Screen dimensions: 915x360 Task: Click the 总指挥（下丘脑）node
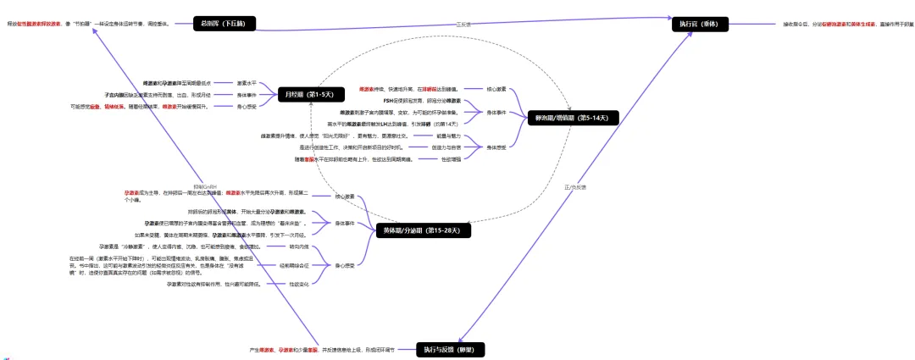(x=224, y=24)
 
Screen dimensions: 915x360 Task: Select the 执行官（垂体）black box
(x=698, y=24)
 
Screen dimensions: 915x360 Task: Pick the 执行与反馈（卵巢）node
(x=452, y=349)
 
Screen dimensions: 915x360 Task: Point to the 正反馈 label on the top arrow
(x=463, y=24)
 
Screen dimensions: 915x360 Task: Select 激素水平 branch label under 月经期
(x=245, y=83)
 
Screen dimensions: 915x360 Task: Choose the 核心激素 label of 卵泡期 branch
(x=496, y=89)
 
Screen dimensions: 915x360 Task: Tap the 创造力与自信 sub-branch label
(x=446, y=147)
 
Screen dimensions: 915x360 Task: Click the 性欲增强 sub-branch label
(x=451, y=158)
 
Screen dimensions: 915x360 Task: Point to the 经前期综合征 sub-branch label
(x=294, y=265)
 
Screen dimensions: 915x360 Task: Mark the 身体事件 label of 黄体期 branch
(x=344, y=223)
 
